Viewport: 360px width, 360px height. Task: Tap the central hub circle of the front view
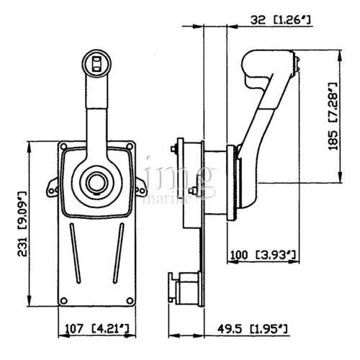pos(95,179)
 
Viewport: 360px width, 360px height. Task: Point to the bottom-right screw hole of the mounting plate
pos(128,301)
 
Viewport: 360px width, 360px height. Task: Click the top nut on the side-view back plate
pos(176,150)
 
